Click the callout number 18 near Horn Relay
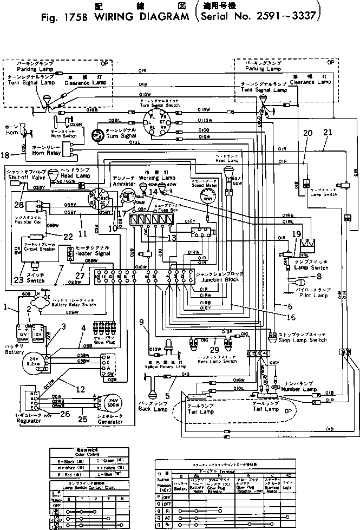click(x=5, y=155)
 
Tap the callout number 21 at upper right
click(x=326, y=133)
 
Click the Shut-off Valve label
click(x=20, y=175)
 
